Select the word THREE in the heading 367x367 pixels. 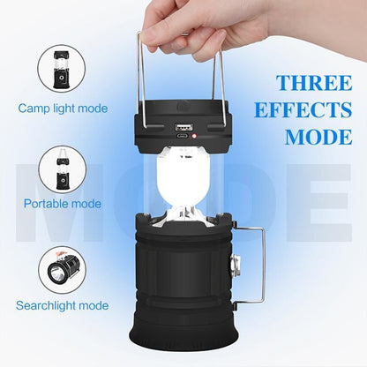[x=312, y=84]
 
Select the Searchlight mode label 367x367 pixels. [x=62, y=305]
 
